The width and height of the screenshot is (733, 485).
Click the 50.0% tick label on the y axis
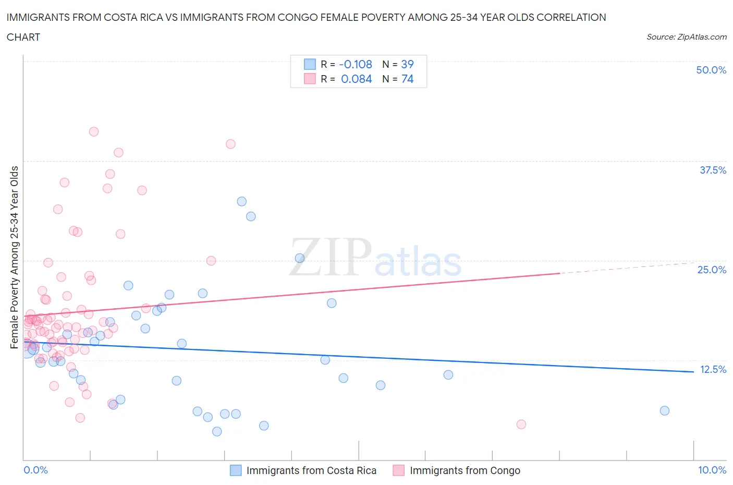pyautogui.click(x=711, y=70)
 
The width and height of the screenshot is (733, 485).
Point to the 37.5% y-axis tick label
pyautogui.click(x=713, y=170)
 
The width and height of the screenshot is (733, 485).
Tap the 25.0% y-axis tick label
pyautogui.click(x=712, y=270)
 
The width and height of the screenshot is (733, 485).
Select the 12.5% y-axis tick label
pyautogui.click(x=713, y=369)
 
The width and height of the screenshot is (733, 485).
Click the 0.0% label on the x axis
pyautogui.click(x=35, y=470)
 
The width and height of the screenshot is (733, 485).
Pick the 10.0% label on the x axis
pyautogui.click(x=712, y=470)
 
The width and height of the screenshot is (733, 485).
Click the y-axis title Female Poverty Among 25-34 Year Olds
pyautogui.click(x=14, y=257)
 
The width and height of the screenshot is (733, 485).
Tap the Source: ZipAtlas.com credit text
pyautogui.click(x=686, y=37)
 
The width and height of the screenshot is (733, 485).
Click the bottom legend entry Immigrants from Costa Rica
pyautogui.click(x=311, y=470)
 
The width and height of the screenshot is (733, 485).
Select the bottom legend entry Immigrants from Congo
pyautogui.click(x=465, y=470)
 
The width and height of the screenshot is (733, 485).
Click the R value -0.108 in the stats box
pyautogui.click(x=356, y=64)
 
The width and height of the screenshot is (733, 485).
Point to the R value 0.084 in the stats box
pyautogui.click(x=357, y=79)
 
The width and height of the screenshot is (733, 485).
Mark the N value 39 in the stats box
pyautogui.click(x=407, y=64)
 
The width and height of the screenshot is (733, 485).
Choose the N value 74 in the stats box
pyautogui.click(x=407, y=79)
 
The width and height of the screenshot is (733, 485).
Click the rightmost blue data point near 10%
pyautogui.click(x=664, y=410)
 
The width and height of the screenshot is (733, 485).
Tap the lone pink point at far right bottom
pyautogui.click(x=521, y=424)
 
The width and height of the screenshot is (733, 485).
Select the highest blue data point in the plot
pyautogui.click(x=241, y=201)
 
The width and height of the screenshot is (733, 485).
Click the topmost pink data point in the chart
pyautogui.click(x=94, y=131)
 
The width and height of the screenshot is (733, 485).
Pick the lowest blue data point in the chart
pyautogui.click(x=217, y=431)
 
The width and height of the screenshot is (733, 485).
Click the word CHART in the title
pyautogui.click(x=23, y=37)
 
